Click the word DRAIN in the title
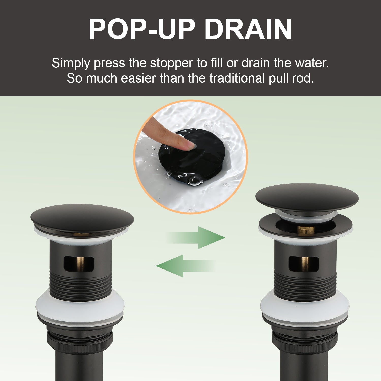coord(248,29)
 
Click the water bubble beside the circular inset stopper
coord(195,181)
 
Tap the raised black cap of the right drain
coord(307,197)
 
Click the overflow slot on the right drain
coord(304,263)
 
